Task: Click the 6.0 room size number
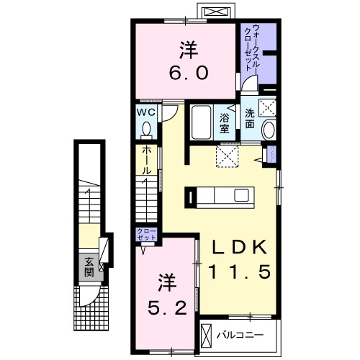pyautogui.click(x=189, y=73)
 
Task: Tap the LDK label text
pyautogui.click(x=240, y=247)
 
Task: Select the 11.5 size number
pyautogui.click(x=240, y=271)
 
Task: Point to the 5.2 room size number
pyautogui.click(x=167, y=308)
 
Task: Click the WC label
pyautogui.click(x=146, y=112)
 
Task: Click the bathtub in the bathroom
pyautogui.click(x=202, y=122)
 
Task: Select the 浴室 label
pyautogui.click(x=225, y=123)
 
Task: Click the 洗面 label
pyautogui.click(x=250, y=119)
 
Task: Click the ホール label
pyautogui.click(x=146, y=161)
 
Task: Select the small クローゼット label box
pyautogui.click(x=146, y=235)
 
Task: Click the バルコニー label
pyautogui.click(x=240, y=335)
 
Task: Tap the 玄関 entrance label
pyautogui.click(x=89, y=267)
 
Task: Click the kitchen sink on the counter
pyautogui.click(x=241, y=196)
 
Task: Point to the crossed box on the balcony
pyautogui.click(x=207, y=335)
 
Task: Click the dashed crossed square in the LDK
pyautogui.click(x=227, y=156)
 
